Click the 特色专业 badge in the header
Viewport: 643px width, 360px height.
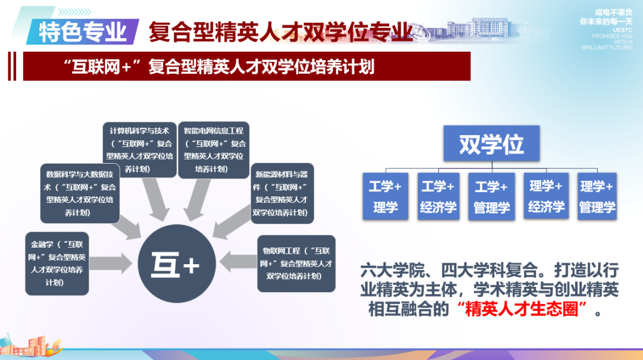[x=83, y=31]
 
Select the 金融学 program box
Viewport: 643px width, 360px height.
[x=57, y=263]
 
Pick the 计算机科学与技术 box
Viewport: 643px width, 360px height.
[x=140, y=149]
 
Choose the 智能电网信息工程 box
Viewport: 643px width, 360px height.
[x=214, y=149]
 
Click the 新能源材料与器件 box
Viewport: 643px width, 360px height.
[x=282, y=193]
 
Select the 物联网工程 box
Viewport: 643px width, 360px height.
[x=296, y=263]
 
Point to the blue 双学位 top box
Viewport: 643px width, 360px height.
[x=491, y=143]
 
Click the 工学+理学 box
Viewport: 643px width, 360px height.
[x=385, y=197]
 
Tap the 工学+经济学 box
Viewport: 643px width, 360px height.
[x=438, y=197]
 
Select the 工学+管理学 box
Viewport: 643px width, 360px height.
[x=491, y=197]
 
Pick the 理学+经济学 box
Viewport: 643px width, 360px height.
[x=545, y=197]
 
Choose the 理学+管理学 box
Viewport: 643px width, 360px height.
[x=597, y=197]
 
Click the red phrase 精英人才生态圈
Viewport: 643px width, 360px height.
[x=522, y=310]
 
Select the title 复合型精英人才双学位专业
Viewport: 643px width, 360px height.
[x=280, y=31]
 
